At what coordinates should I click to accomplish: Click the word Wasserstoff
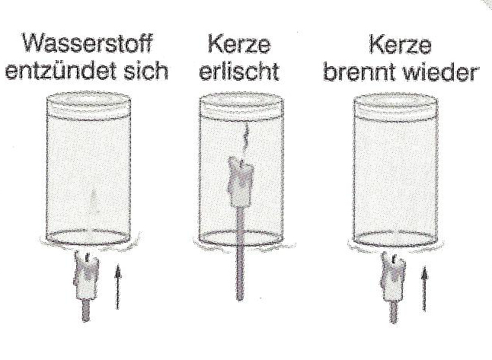(87, 43)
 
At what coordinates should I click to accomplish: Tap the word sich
(145, 71)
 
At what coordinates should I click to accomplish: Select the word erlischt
(239, 72)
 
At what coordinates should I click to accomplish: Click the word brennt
(359, 72)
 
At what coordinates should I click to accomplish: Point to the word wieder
(440, 72)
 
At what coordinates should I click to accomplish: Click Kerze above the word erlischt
(239, 44)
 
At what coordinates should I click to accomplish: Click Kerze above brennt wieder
(400, 44)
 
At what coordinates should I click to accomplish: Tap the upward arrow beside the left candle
(117, 287)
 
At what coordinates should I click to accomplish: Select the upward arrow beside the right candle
(424, 288)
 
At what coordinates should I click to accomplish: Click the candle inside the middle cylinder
(241, 182)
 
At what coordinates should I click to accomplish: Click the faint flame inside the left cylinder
(93, 201)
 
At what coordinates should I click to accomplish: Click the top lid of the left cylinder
(89, 104)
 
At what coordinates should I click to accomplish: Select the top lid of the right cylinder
(395, 105)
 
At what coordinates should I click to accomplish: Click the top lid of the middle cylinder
(241, 105)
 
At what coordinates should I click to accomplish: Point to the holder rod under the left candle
(86, 311)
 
